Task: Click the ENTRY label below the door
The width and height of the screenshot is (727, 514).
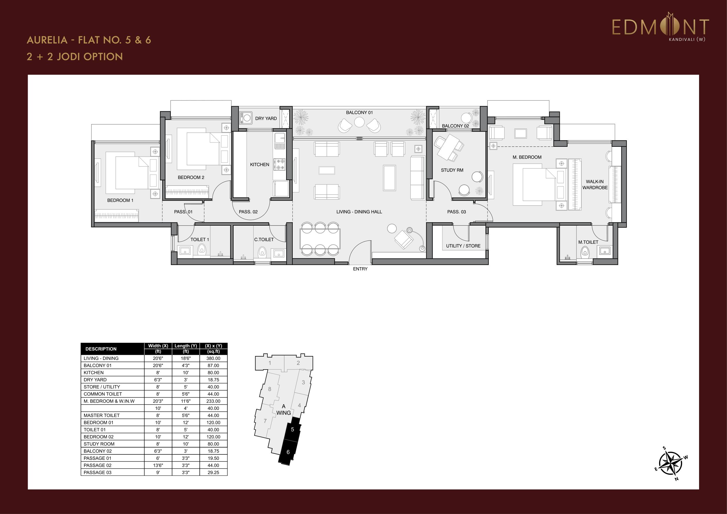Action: coord(360,269)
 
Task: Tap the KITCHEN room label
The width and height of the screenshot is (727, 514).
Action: coord(260,164)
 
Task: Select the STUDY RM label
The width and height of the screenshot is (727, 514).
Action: coord(452,170)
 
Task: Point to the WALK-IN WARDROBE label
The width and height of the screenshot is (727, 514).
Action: coord(595,185)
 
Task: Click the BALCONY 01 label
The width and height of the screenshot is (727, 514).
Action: coord(359,113)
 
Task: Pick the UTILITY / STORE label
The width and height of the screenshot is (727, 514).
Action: coord(463,246)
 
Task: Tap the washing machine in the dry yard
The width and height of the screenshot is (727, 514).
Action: coord(246,118)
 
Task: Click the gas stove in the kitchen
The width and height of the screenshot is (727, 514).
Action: coord(279,164)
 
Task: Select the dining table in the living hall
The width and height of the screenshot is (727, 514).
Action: coord(320,239)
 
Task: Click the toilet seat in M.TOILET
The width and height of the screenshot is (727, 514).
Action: coord(585,252)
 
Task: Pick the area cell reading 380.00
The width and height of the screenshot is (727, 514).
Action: coord(214,358)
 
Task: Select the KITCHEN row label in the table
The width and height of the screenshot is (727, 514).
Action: coord(94,372)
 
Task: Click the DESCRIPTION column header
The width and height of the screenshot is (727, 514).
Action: coord(101,349)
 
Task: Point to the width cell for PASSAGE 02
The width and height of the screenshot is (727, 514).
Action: coord(158,465)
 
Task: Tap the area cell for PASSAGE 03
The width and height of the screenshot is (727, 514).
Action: coord(214,472)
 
